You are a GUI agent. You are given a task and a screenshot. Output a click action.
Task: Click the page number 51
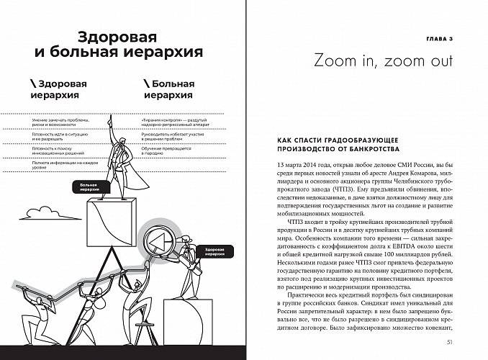click(x=448, y=342)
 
